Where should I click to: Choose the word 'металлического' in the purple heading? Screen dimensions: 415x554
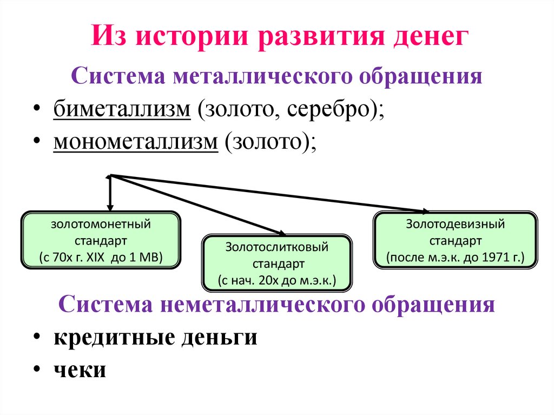(x=263, y=76)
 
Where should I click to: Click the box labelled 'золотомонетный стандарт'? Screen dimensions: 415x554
(x=101, y=240)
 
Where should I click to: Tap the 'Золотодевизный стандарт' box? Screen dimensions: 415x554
(x=456, y=240)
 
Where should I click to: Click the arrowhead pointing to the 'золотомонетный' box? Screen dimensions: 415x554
(x=110, y=207)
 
